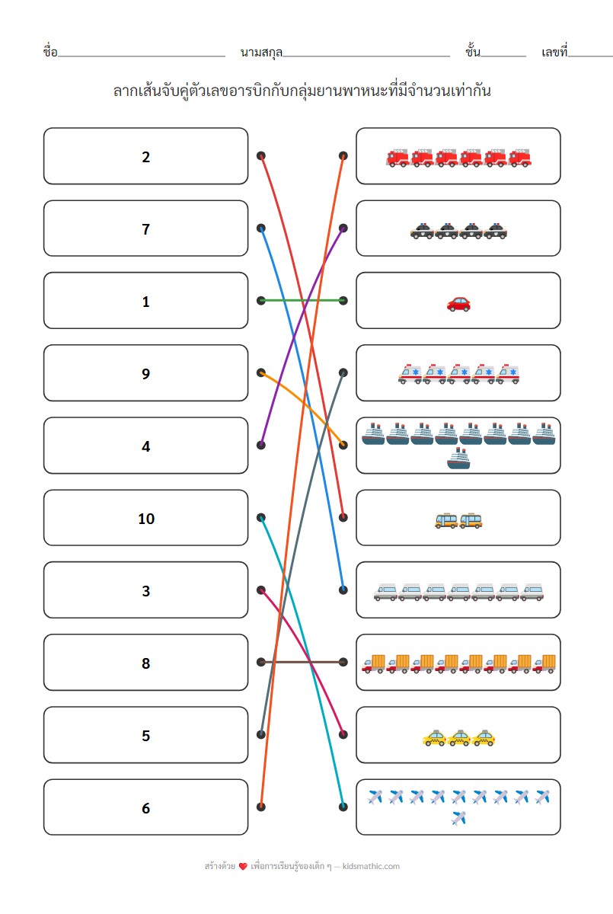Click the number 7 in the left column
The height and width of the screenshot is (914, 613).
[x=145, y=229]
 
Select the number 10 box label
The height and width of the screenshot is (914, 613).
[x=145, y=519]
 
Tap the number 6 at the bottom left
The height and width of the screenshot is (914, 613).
[x=145, y=808]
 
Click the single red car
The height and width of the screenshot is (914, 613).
[x=458, y=304]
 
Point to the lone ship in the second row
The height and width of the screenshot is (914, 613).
[x=458, y=459]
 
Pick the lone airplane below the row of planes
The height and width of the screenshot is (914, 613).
[x=458, y=819]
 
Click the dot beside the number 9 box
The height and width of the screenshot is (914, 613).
[x=261, y=373]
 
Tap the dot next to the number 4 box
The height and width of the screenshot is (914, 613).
[x=261, y=446]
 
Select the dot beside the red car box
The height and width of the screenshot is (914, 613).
[x=343, y=301]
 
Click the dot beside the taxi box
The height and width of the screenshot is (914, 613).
[x=343, y=735]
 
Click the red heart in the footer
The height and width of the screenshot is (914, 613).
[x=243, y=867]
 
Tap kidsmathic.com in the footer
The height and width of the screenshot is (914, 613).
[x=371, y=866]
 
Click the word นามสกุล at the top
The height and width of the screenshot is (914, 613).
[x=261, y=53]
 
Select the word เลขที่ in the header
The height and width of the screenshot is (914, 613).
[x=554, y=53]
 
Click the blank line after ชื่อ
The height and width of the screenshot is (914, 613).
[x=142, y=56]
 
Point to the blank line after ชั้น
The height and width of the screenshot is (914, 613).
[x=503, y=56]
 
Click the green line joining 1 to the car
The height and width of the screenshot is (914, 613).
[x=302, y=301]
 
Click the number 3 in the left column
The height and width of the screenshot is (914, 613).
[x=145, y=591]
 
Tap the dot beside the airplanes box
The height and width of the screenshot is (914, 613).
[x=343, y=807]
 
